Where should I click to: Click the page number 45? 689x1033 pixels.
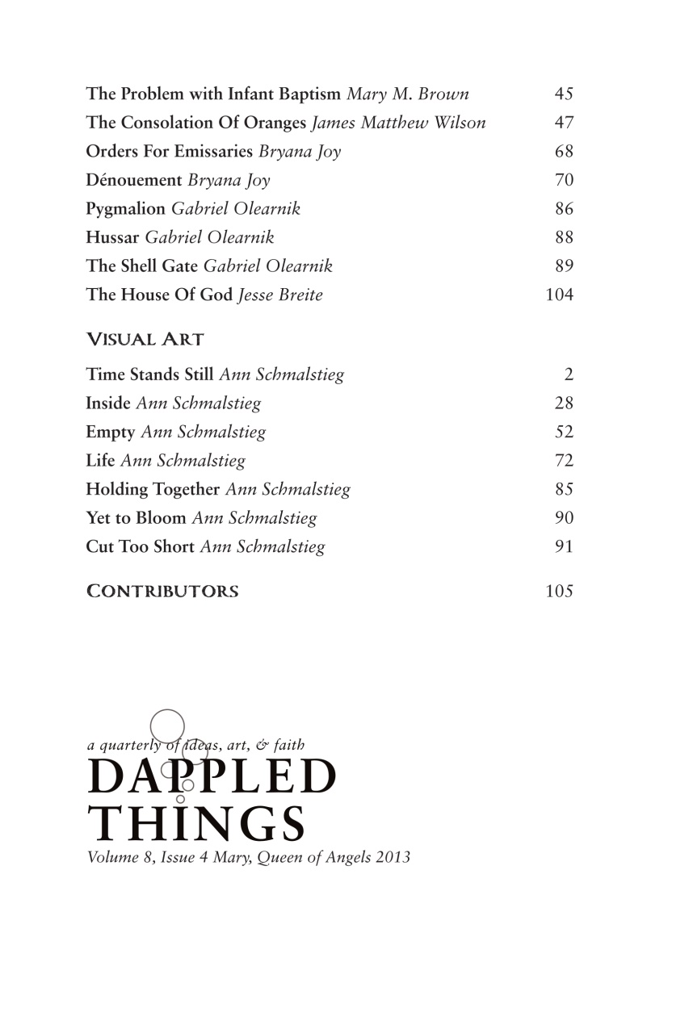[x=564, y=94]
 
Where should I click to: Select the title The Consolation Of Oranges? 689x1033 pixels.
[x=196, y=123]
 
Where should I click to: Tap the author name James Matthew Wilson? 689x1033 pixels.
[x=399, y=123]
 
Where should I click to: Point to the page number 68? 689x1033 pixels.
[x=564, y=151]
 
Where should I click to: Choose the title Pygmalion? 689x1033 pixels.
[x=125, y=209]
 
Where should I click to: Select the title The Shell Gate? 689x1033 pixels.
[x=142, y=266]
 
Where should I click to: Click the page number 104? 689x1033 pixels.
[x=560, y=295]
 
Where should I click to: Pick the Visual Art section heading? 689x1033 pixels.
[x=145, y=340]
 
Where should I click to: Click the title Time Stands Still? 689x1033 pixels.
[x=150, y=374]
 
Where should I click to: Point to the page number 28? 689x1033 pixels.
[x=564, y=403]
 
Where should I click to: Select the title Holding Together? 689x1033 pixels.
[x=153, y=489]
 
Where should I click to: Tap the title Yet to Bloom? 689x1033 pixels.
[x=136, y=518]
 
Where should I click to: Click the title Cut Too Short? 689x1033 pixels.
[x=140, y=546]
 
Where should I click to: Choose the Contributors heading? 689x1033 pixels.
[x=162, y=592]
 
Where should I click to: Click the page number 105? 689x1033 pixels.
[x=560, y=591]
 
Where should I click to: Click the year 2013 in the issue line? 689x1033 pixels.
[x=393, y=857]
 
